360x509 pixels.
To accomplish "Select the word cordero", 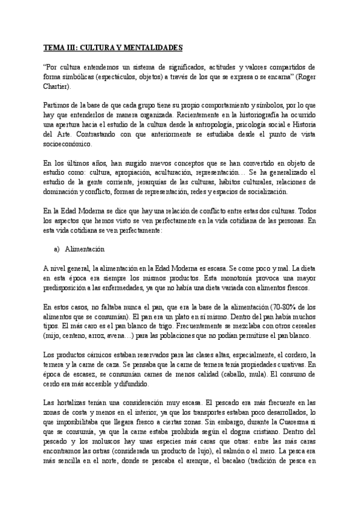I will [x=292, y=354].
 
